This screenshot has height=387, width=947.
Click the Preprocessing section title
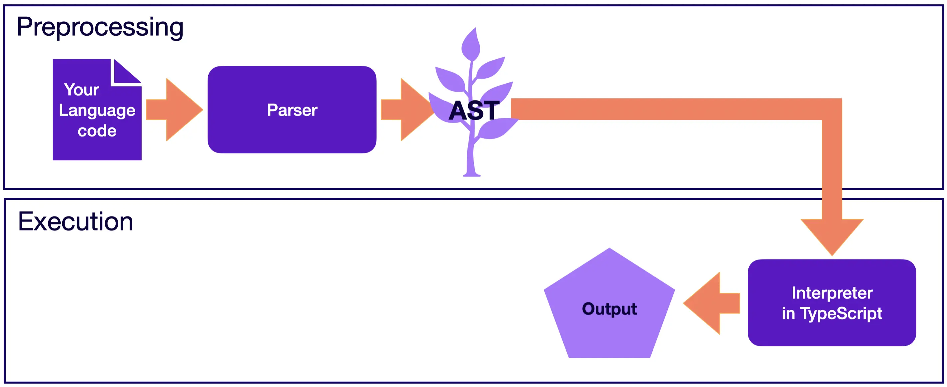(x=100, y=27)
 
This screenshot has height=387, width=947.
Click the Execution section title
(x=75, y=221)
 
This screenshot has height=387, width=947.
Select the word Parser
(x=292, y=110)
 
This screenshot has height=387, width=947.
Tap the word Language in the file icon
(x=97, y=110)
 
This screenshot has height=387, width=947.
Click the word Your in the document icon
(x=81, y=90)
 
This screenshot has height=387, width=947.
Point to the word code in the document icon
(x=97, y=131)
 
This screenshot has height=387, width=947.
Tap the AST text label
(x=474, y=110)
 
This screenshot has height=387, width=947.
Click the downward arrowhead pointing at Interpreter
(x=832, y=235)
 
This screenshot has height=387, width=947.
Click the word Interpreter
(x=832, y=293)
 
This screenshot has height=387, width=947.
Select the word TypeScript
(x=841, y=313)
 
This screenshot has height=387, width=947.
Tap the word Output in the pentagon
(x=609, y=309)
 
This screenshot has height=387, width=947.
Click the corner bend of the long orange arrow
(x=832, y=110)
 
